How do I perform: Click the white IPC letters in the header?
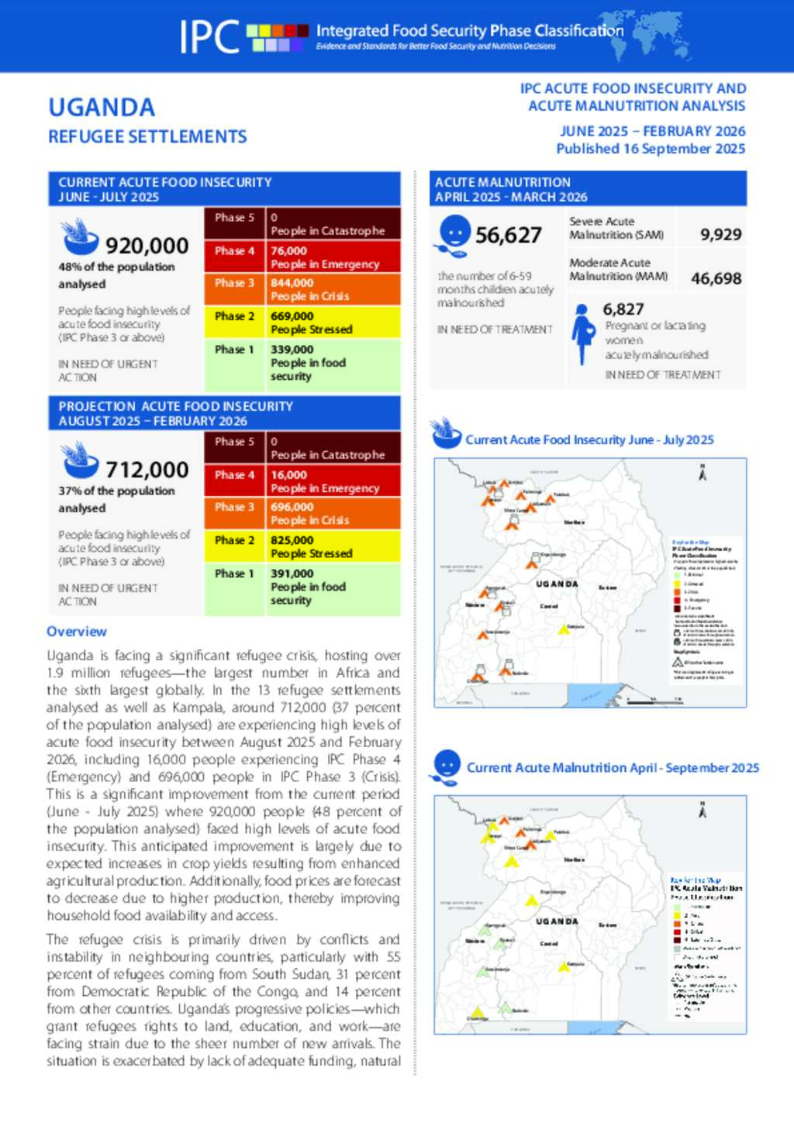coord(209,36)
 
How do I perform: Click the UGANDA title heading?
coord(102,108)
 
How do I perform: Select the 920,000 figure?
coord(147,246)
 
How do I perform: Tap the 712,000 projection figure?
coord(147,470)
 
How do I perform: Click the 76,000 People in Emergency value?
coord(288,251)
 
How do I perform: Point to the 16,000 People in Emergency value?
coord(288,475)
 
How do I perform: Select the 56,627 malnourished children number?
coord(509,236)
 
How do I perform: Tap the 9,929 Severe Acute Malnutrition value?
coord(720,235)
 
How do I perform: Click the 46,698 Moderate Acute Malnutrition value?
coord(716,278)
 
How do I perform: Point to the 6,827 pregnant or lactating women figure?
coord(623,309)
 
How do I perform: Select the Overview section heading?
coord(77,632)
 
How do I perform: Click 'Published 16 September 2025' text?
coord(651,149)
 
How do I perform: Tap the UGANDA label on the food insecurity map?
coord(557,584)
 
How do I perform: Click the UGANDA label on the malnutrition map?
coord(557,922)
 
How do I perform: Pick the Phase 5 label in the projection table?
coord(234,442)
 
